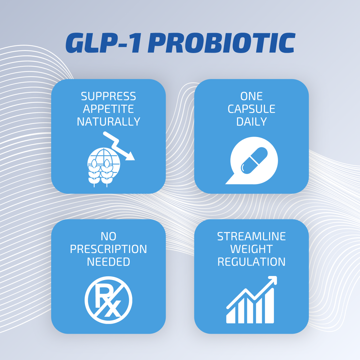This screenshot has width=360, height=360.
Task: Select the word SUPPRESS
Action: coord(108,96)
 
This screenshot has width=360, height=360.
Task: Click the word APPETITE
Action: coord(108,109)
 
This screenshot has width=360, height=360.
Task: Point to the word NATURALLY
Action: coord(108,121)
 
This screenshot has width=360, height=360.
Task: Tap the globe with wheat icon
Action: coord(104,167)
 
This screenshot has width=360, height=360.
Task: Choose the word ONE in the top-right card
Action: coord(251,96)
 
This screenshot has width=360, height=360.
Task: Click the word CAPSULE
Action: coord(251,109)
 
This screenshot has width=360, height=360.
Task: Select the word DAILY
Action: coord(251,121)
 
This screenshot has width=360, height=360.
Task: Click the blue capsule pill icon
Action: coord(254,160)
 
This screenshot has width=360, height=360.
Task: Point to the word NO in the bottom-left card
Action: coord(108,236)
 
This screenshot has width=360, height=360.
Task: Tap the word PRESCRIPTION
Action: coord(108,249)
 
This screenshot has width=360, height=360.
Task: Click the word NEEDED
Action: coord(108,262)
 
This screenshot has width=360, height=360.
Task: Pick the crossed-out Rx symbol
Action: coord(108,300)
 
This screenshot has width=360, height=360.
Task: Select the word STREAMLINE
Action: coord(251,236)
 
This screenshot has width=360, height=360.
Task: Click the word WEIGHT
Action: coord(251,249)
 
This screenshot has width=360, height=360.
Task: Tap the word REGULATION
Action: coord(251,262)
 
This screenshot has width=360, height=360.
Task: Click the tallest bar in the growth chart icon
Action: coord(270,306)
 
